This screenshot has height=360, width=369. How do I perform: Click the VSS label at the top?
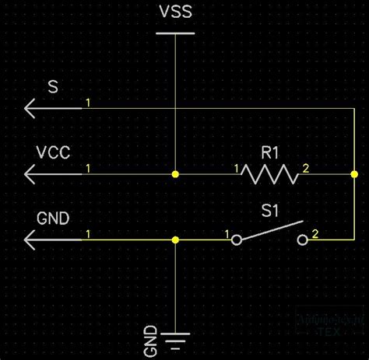point(176,14)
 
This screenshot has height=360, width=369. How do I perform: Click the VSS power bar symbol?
point(176,33)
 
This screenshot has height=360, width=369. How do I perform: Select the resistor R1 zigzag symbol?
point(269,174)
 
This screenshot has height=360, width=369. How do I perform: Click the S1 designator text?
point(269,211)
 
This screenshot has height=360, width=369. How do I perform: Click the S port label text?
point(53,88)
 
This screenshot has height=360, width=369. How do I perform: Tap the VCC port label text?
point(53,153)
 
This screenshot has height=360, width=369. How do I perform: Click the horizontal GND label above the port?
point(53,218)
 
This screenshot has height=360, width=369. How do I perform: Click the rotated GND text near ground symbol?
point(151,338)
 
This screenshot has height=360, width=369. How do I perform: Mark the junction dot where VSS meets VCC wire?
point(176,174)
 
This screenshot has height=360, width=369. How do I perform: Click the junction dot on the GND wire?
point(176,240)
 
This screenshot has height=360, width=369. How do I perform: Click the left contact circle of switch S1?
point(237,240)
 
